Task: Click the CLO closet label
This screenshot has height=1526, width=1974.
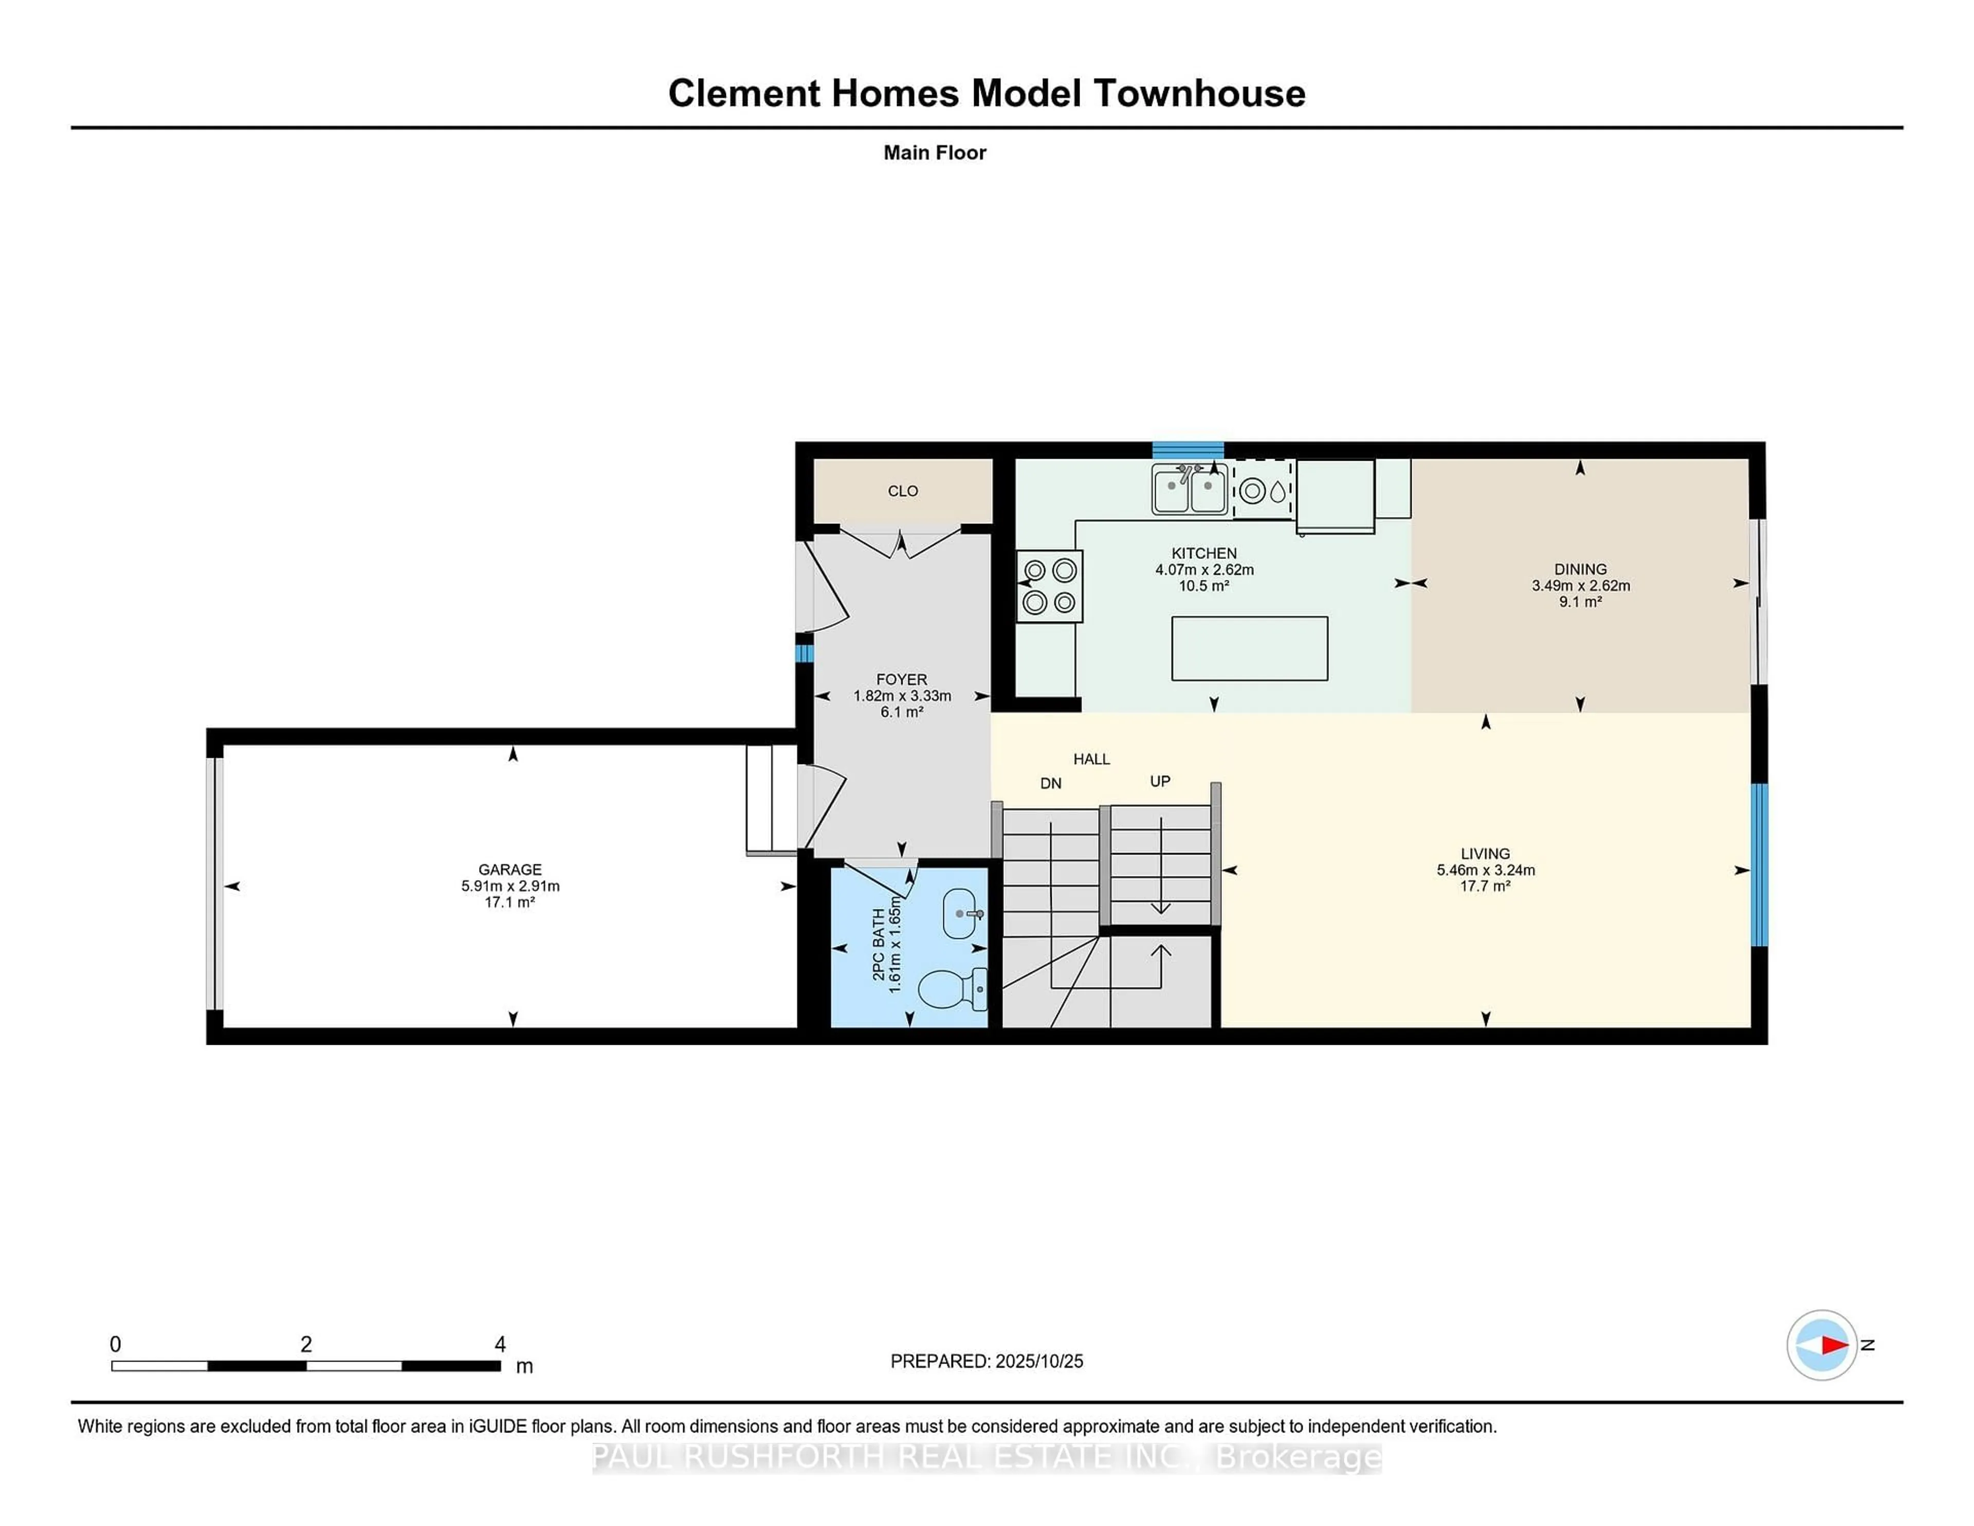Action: (902, 491)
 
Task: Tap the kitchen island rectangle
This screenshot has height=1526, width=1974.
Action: (1249, 648)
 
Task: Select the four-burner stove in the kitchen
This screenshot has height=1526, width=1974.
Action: (1049, 586)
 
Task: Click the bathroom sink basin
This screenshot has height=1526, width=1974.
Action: (961, 913)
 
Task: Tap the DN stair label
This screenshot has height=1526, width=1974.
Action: (1050, 783)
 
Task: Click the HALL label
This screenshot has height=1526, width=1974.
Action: (1091, 758)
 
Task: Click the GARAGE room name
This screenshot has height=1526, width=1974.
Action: (510, 869)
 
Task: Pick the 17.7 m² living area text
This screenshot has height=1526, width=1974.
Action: (1485, 886)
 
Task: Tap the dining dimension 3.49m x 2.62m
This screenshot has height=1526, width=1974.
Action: (1580, 586)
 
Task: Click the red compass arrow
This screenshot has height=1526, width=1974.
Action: (1833, 1345)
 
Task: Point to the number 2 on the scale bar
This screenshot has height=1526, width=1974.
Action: (306, 1345)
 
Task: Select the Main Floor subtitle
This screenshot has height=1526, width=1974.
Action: (935, 153)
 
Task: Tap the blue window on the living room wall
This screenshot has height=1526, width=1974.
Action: (1759, 864)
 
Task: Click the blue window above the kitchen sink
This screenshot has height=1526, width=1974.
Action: (1187, 449)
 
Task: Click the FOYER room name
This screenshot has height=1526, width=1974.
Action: (901, 679)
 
